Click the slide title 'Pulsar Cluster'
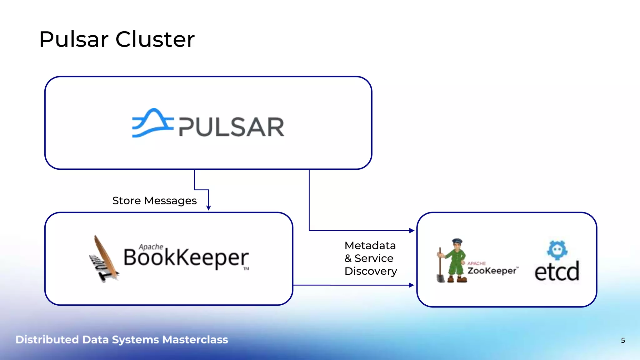coord(117,39)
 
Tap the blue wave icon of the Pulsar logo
coord(152,123)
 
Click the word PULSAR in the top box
coord(232,127)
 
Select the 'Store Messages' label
coord(154,201)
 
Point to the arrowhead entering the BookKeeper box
coord(208,208)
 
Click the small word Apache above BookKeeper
coord(151,247)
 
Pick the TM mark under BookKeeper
coord(246,269)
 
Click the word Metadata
coord(370,246)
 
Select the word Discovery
coord(371,271)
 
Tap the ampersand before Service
coord(348,258)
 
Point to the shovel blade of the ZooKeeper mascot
coord(441,278)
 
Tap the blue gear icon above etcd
coord(557,250)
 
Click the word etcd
coord(557,272)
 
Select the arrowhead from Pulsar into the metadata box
coord(412,231)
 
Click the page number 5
coord(623,340)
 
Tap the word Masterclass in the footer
coord(195,340)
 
